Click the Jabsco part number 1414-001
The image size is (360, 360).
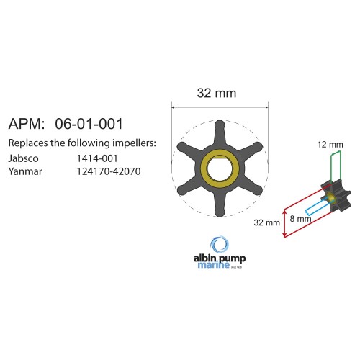point(97,158)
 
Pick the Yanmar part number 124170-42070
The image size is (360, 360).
point(109,172)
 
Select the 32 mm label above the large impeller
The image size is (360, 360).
point(217,94)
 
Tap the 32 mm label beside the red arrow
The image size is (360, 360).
point(266,222)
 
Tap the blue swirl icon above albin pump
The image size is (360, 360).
point(220,243)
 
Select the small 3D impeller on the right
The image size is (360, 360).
point(334,194)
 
